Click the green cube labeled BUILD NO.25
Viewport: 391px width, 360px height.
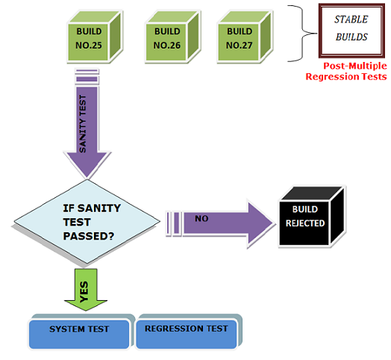click(90, 39)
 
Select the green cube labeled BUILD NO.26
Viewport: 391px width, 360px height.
click(168, 39)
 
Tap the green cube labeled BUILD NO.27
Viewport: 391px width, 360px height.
click(240, 38)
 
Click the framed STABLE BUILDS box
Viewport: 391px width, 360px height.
click(351, 29)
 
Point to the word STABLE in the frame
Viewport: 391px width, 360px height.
click(350, 20)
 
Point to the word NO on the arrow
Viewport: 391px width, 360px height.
click(201, 219)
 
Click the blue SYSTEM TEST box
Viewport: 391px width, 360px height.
click(79, 329)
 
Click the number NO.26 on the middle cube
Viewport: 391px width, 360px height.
click(168, 45)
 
